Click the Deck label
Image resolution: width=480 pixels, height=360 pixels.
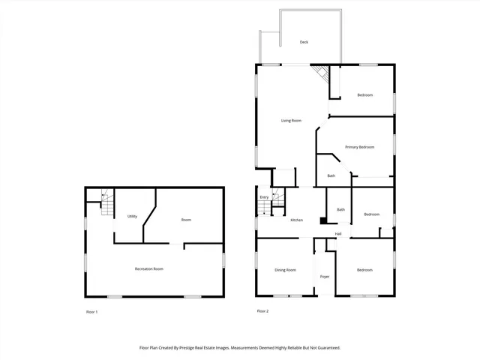click(304, 42)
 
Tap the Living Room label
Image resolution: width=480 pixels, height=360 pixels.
click(291, 121)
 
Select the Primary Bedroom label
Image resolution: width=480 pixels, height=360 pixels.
click(359, 147)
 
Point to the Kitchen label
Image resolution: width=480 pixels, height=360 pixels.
click(297, 220)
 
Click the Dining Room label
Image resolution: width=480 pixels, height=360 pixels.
click(285, 270)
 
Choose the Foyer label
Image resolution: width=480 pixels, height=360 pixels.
click(325, 277)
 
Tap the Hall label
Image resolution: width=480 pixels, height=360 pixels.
click(338, 234)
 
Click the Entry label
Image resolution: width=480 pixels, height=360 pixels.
click(264, 197)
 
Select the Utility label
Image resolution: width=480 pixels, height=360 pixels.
click(132, 216)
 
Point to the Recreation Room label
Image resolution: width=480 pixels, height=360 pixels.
click(148, 268)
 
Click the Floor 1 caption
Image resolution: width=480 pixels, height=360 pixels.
click(91, 311)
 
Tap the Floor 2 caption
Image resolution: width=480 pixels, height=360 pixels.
click(262, 311)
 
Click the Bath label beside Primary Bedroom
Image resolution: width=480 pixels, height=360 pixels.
click(331, 176)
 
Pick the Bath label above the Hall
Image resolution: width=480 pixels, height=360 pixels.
click(340, 209)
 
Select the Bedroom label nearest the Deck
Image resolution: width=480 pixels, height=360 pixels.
click(365, 94)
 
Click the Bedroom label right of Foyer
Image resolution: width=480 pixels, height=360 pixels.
click(364, 270)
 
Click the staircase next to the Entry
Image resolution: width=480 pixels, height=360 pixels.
click(277, 199)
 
